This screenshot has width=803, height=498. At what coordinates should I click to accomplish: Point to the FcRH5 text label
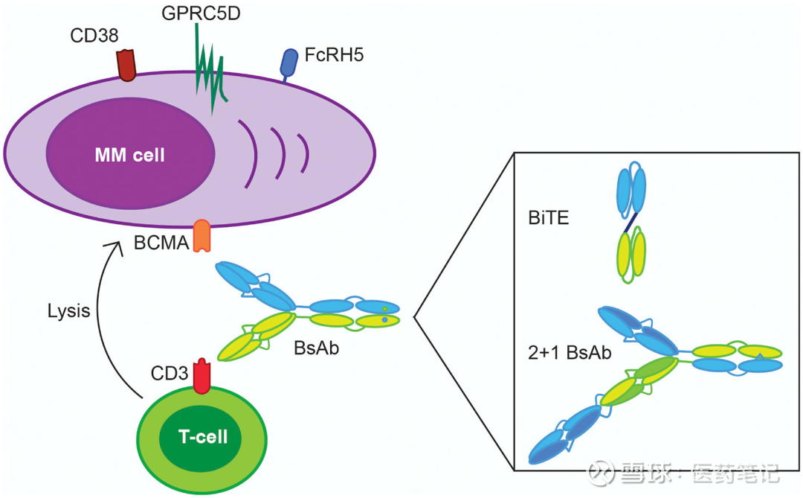tap(334, 55)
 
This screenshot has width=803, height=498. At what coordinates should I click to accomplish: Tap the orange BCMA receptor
tap(201, 236)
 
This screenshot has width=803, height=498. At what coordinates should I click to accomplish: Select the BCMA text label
tap(161, 243)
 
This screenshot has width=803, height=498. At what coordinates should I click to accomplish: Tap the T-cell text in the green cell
tap(203, 437)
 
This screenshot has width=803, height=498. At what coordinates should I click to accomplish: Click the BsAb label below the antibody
tap(317, 347)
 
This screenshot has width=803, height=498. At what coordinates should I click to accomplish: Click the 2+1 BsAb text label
tap(567, 353)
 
